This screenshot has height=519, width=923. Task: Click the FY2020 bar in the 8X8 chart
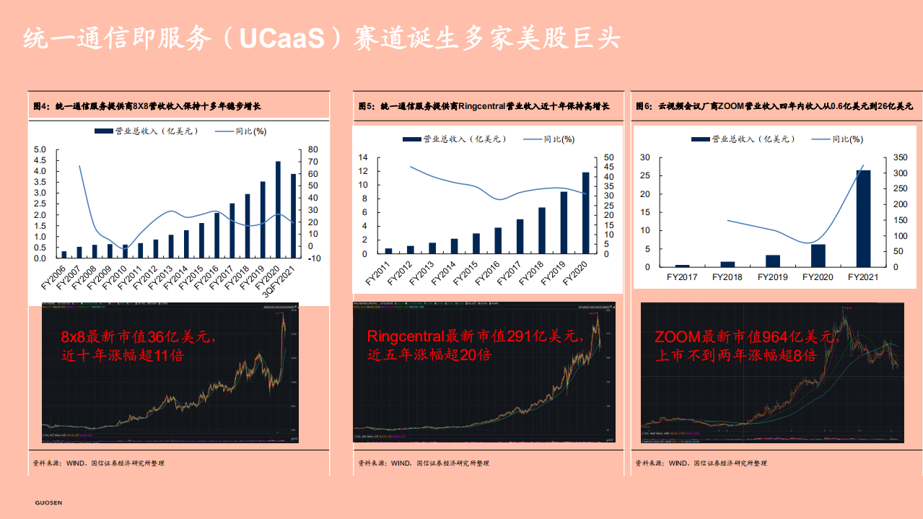(278, 210)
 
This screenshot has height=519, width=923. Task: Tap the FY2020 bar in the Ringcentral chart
(585, 213)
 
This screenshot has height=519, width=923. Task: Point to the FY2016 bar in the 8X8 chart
(216, 235)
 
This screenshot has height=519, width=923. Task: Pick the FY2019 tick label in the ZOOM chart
(772, 277)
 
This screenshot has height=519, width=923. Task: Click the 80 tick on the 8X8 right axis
(313, 149)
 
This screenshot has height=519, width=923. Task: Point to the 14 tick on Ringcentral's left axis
(363, 157)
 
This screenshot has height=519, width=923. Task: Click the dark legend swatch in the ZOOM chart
(699, 139)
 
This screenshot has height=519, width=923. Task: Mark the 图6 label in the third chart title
(644, 106)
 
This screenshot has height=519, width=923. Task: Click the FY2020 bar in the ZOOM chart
(818, 256)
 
